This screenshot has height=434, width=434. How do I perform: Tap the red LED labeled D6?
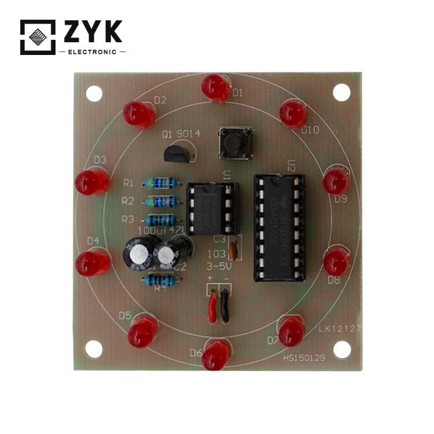tap(215, 355)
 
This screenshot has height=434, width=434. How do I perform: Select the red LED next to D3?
tap(91, 182)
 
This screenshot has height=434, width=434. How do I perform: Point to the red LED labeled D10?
tap(293, 113)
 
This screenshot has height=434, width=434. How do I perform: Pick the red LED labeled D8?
tap(336, 262)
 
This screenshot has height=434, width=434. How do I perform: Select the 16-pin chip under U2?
tap(279, 227)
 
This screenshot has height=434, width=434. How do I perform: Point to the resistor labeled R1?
tap(161, 183)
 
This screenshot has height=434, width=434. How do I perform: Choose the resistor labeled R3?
tap(161, 220)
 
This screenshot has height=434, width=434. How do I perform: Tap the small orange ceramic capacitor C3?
tap(233, 250)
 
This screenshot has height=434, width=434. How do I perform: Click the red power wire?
tap(212, 306)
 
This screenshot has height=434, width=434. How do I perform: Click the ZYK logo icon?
tap(38, 37)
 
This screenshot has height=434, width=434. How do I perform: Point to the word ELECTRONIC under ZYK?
tap(93, 52)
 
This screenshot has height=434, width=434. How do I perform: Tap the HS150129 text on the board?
tap(304, 358)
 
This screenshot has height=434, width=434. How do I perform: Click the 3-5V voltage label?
tap(219, 267)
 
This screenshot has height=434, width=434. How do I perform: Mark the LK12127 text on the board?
tap(340, 328)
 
